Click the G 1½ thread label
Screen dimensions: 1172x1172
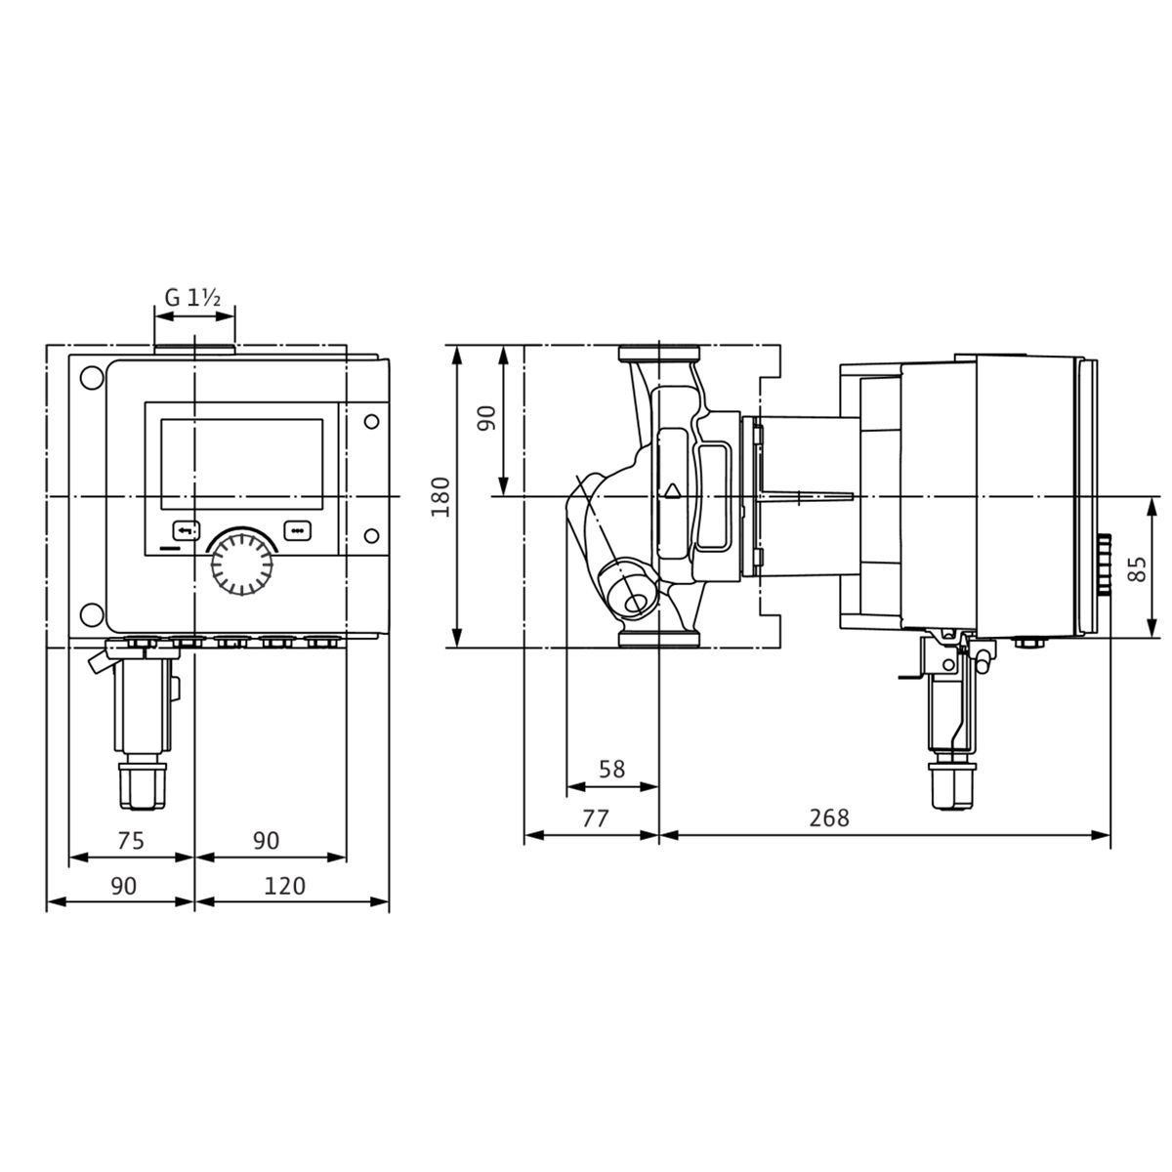(x=192, y=298)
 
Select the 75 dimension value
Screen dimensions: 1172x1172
(x=130, y=841)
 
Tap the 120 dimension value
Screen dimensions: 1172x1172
(x=284, y=886)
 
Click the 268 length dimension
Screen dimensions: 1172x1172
(x=829, y=818)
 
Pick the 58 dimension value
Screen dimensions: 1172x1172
(x=611, y=770)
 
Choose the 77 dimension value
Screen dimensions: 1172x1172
(x=595, y=818)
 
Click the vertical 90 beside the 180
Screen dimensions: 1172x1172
(x=486, y=418)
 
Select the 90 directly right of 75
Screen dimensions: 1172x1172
(x=266, y=841)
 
